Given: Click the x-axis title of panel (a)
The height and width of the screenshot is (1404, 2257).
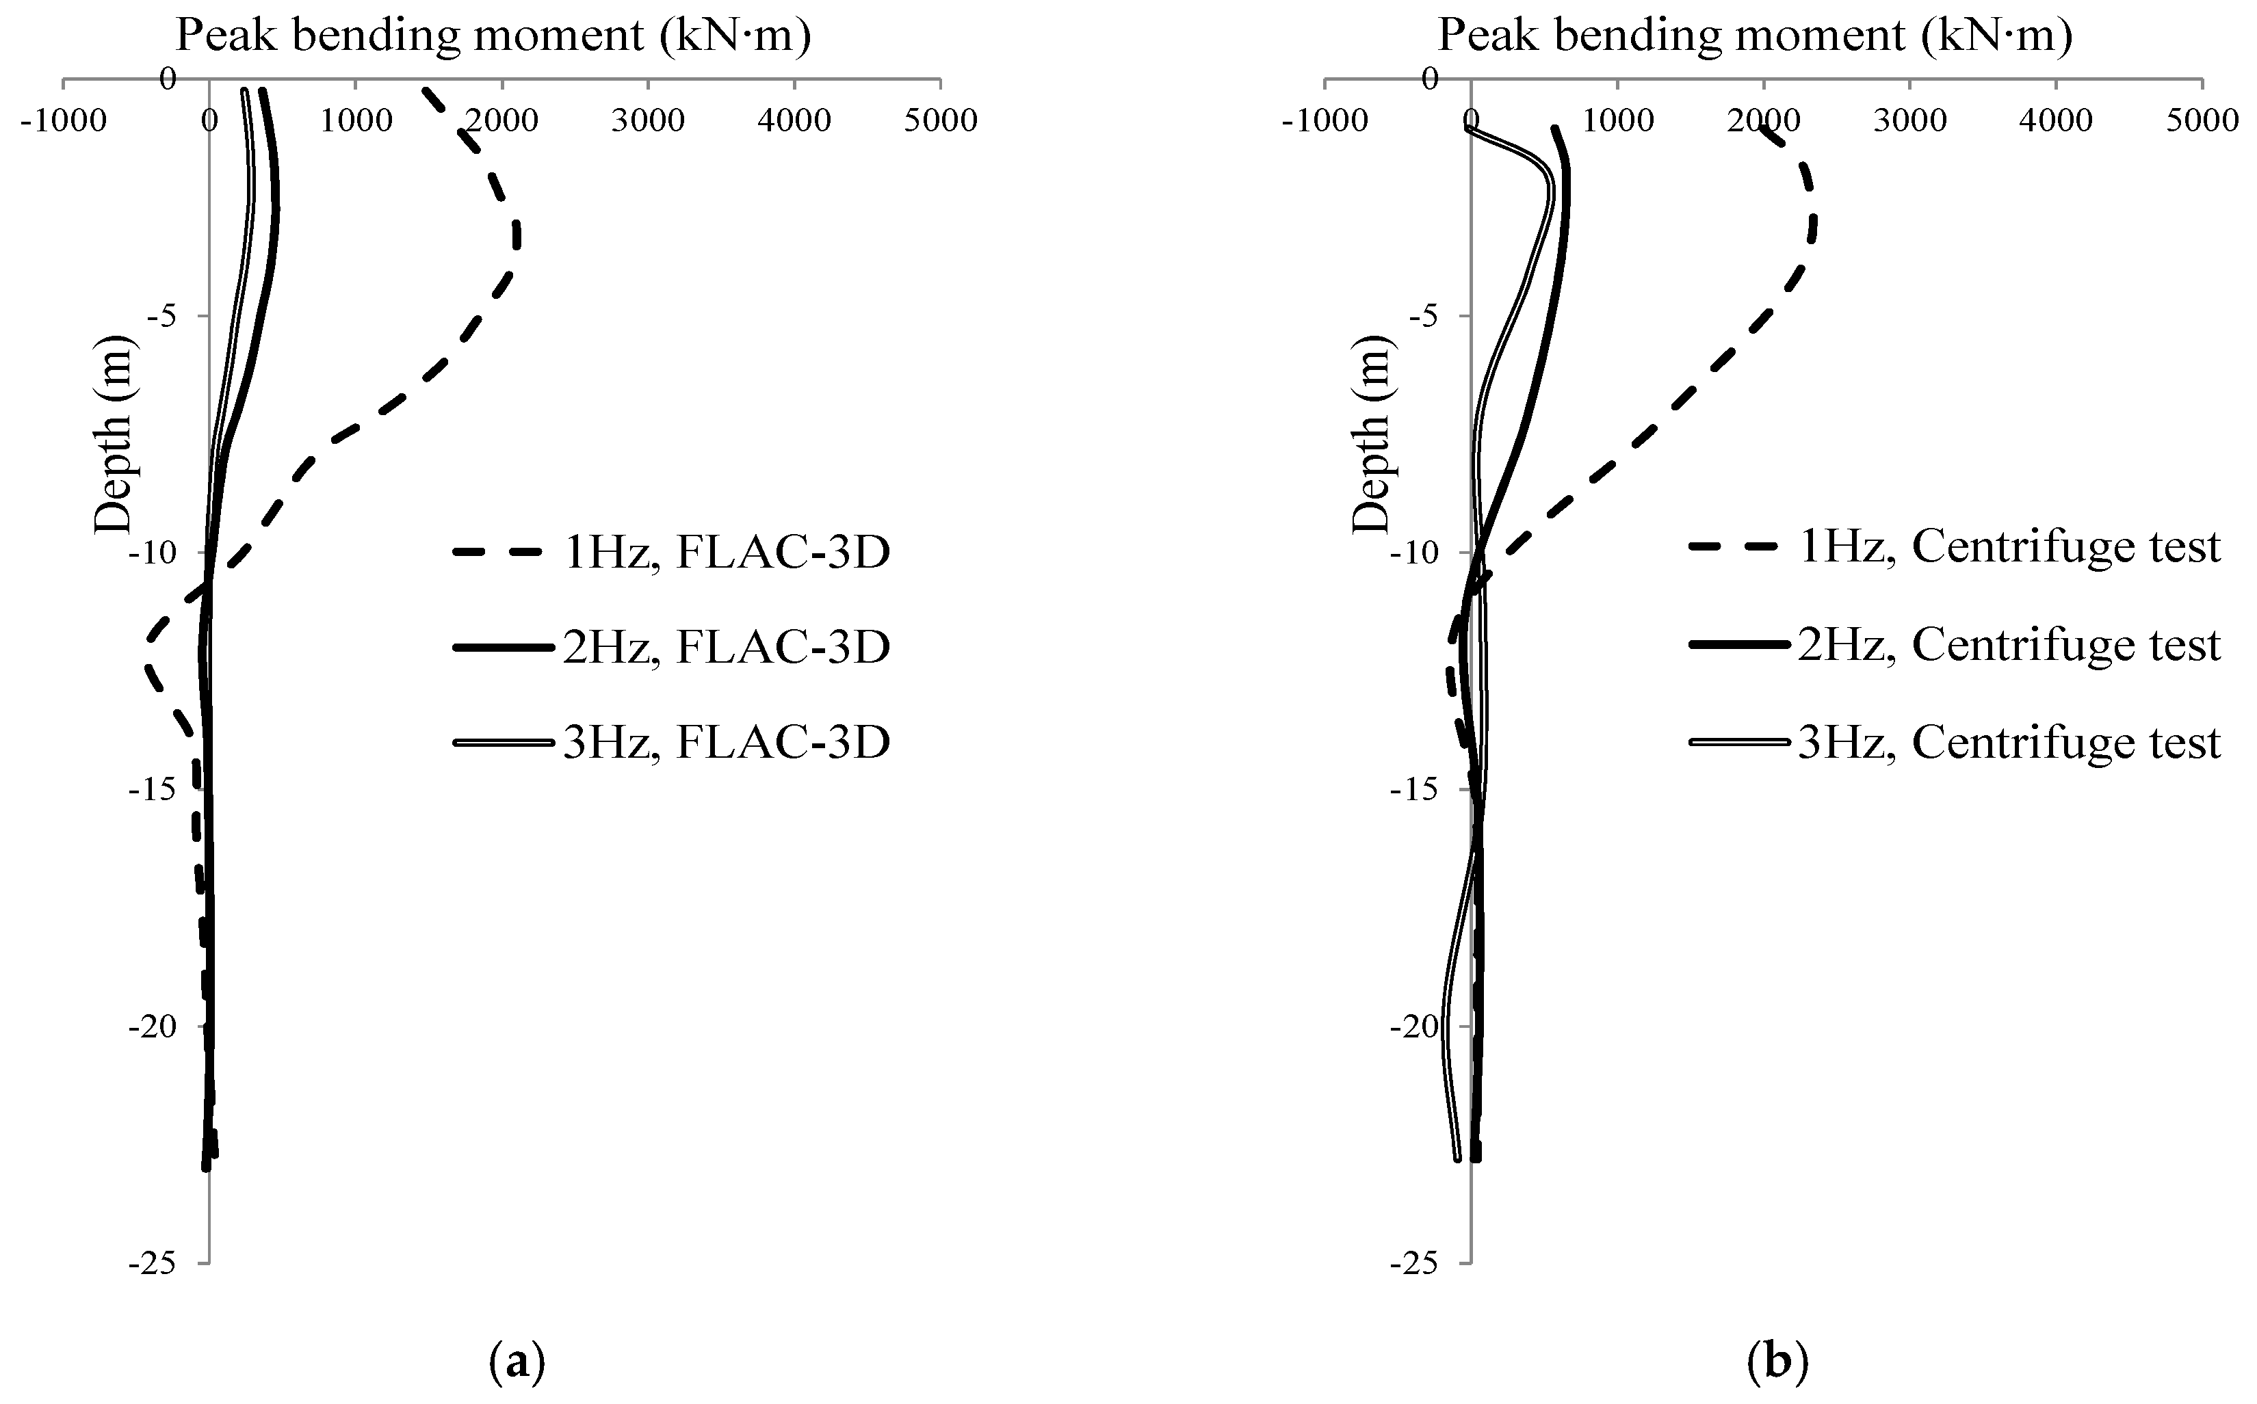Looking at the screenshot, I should (x=493, y=36).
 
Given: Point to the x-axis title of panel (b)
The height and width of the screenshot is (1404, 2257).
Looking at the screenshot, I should (x=1755, y=36).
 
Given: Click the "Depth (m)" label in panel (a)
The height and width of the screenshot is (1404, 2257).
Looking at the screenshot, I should (x=114, y=434).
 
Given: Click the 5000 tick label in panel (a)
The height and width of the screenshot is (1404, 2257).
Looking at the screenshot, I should (x=940, y=121).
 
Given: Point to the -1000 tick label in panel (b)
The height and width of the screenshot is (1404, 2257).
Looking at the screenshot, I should (x=1325, y=121).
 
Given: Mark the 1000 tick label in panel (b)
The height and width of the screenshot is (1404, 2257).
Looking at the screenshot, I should (x=1617, y=121).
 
